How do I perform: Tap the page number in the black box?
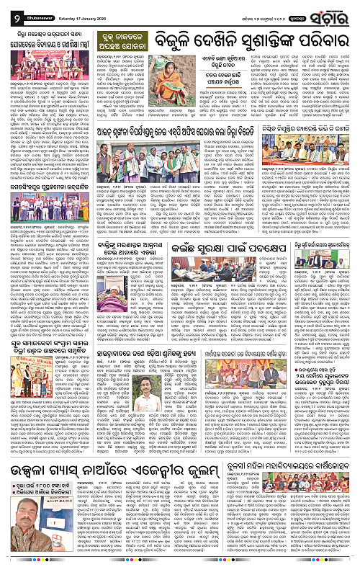[6, 10]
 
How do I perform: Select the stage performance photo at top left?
[39, 81]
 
